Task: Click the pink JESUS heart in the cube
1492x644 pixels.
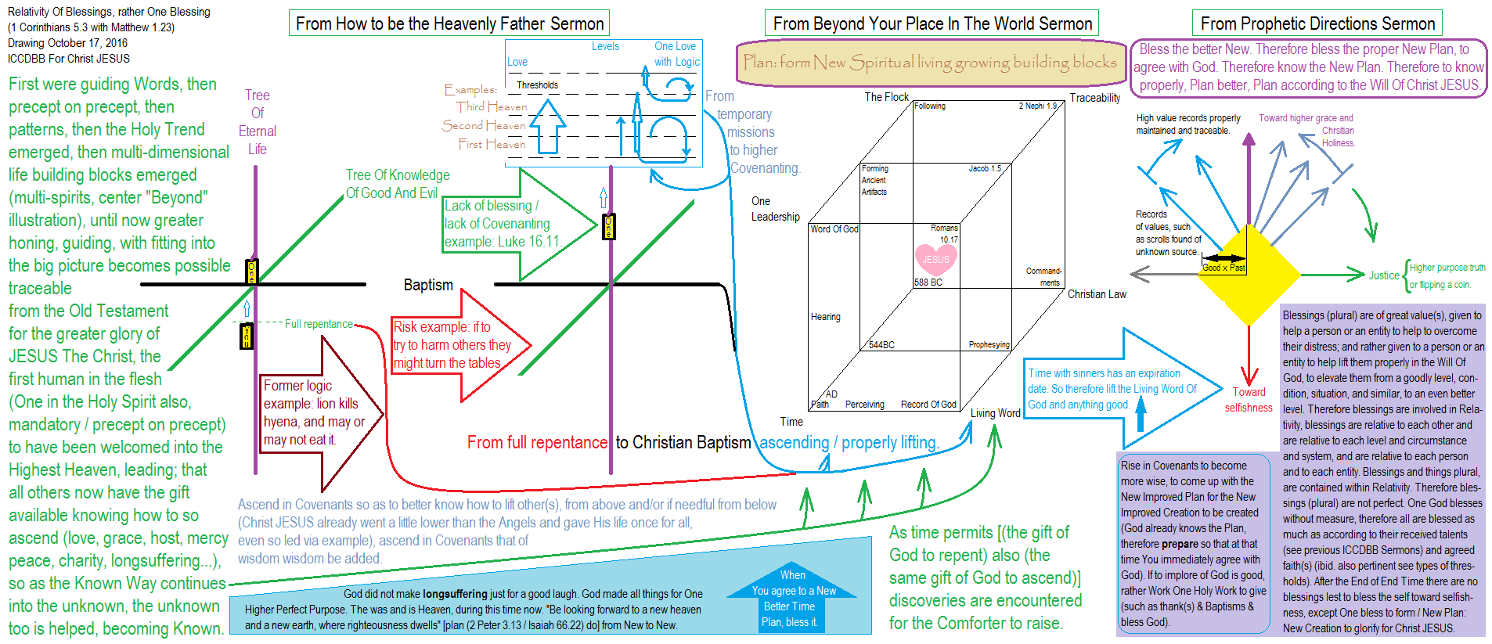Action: (x=935, y=259)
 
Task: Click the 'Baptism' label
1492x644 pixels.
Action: (x=428, y=285)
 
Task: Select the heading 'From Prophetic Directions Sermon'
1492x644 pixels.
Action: (x=1317, y=23)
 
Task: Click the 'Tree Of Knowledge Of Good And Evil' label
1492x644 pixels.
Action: (x=398, y=184)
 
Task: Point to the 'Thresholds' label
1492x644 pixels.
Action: (x=537, y=85)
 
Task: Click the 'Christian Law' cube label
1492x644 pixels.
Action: (x=1097, y=294)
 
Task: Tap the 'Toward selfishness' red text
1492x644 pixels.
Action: (x=1249, y=400)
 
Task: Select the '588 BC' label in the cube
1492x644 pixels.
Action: (x=928, y=282)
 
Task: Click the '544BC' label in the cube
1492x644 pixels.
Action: (x=881, y=344)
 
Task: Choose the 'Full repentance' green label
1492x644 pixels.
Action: (x=319, y=324)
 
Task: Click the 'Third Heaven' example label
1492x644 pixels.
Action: (x=492, y=106)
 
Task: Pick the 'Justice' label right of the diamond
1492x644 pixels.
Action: (x=1384, y=275)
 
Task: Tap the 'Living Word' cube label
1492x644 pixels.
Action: (x=996, y=413)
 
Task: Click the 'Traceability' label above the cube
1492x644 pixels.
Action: (x=1095, y=98)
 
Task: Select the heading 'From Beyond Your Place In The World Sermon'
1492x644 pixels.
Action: (x=932, y=23)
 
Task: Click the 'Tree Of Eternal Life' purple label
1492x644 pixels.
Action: (x=258, y=122)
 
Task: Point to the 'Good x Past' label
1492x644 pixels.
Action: (x=1224, y=268)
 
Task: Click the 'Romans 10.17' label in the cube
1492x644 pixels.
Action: (x=945, y=233)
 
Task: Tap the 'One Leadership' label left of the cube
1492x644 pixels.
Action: (x=775, y=209)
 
